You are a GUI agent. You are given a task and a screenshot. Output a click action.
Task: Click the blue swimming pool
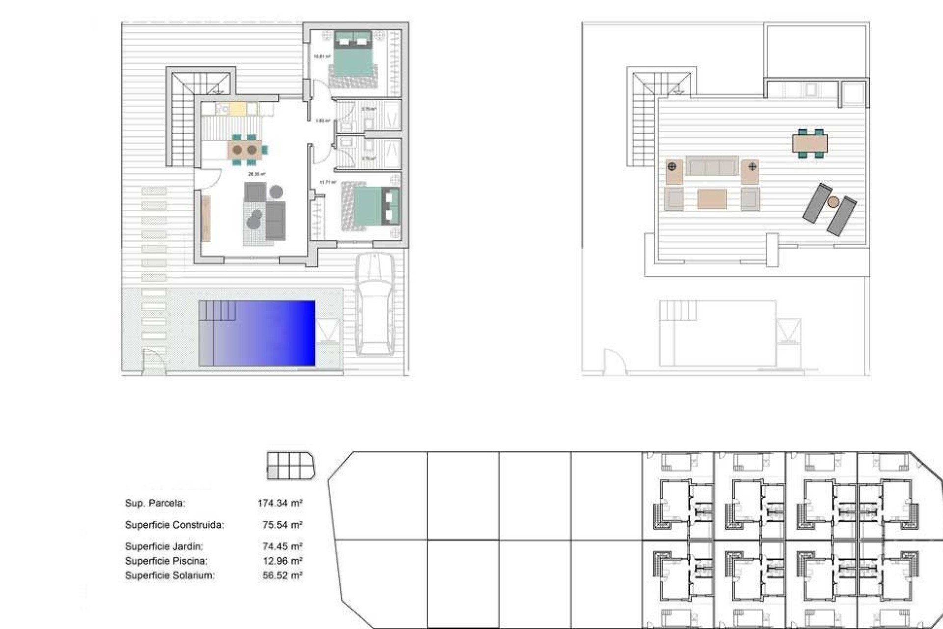[x=257, y=333]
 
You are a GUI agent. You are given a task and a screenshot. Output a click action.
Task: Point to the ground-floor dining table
[x=245, y=149]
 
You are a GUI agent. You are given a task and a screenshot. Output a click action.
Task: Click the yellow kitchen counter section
[x=237, y=109]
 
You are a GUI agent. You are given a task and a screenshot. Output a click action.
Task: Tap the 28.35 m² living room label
[x=256, y=174]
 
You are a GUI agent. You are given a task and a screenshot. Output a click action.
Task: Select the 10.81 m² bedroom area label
[x=322, y=57]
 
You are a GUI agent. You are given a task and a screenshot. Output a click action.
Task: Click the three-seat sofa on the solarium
[x=712, y=166]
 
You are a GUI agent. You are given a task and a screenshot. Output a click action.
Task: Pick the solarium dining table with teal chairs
[x=810, y=143]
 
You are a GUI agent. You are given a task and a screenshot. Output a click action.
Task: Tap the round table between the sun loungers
[x=833, y=201]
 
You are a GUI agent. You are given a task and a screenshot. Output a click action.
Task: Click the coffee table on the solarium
[x=712, y=199]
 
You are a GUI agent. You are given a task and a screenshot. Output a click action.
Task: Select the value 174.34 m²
[x=279, y=503]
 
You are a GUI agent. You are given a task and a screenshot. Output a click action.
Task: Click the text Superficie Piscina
[x=166, y=561]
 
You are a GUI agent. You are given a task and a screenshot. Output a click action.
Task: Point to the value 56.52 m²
[x=282, y=575]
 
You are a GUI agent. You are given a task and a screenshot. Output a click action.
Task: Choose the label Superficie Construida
[x=174, y=525]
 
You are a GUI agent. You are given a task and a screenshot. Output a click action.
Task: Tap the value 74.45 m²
[x=282, y=546]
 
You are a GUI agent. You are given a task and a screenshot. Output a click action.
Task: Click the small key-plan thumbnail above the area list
[x=290, y=465]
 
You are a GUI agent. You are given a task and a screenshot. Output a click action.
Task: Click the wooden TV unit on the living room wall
[x=206, y=219]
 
